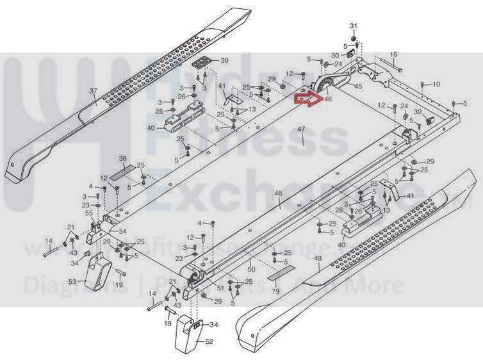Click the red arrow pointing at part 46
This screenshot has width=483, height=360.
tap(306, 99)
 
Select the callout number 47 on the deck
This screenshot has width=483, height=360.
tap(301, 131)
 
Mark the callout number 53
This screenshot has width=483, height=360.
tap(72, 281)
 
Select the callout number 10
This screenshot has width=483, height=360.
tap(437, 85)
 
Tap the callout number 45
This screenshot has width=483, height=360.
tap(357, 86)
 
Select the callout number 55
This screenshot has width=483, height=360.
tap(89, 212)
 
